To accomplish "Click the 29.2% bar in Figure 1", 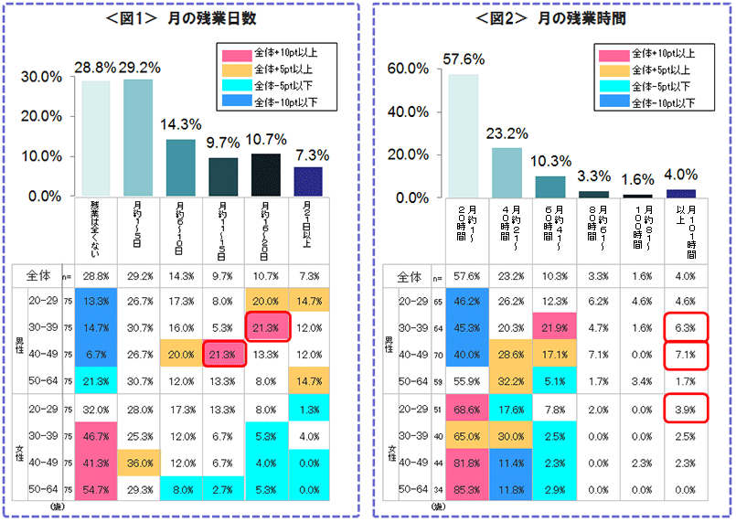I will [138, 137].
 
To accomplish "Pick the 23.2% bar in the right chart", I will [506, 173].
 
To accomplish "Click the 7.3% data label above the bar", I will [308, 155].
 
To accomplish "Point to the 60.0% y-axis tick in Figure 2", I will [409, 69].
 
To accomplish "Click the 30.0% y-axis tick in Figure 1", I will [41, 77].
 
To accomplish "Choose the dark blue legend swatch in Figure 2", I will [613, 101].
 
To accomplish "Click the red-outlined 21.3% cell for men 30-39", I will [266, 327].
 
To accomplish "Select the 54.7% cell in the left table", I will [96, 490].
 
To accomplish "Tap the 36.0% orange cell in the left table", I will [138, 463].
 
